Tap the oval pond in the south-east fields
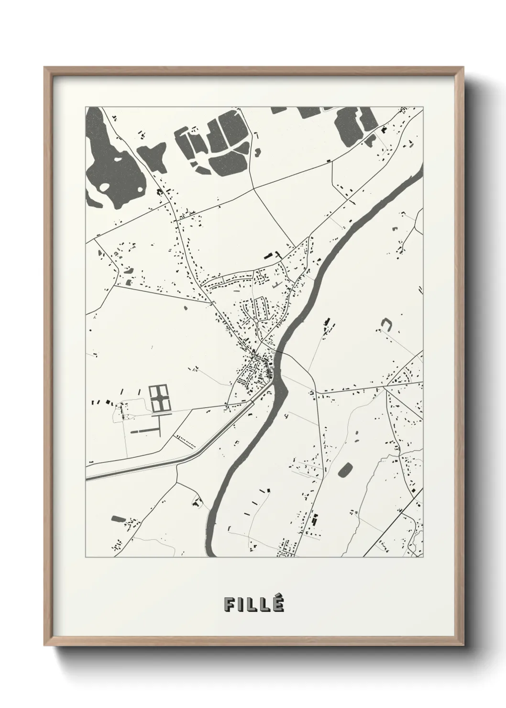[x=345, y=470]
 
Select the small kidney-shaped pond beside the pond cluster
[x=258, y=152]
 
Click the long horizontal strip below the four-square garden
[x=146, y=431]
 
